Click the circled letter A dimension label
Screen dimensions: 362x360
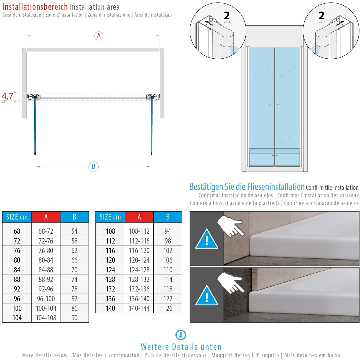pos(99,35)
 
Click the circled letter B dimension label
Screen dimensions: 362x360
pos(93,166)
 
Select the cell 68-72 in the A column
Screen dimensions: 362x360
pos(46,231)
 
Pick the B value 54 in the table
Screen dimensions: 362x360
pos(74,231)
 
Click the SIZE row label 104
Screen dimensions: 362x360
pos(17,318)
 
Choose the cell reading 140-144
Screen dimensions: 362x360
pos(139,308)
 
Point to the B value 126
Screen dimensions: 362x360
pos(168,308)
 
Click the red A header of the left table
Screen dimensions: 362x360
pos(46,217)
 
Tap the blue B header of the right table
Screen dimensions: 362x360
pos(168,217)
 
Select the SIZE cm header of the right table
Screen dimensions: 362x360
pos(110,217)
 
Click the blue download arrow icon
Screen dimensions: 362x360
pos(181,335)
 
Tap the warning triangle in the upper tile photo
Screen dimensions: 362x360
pos(207,239)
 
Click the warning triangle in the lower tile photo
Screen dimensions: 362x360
pos(207,296)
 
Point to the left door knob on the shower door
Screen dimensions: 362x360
pos(270,105)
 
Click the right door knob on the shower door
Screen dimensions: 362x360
pos(278,105)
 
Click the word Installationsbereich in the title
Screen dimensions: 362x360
pos(35,7)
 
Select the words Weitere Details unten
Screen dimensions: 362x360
pos(181,347)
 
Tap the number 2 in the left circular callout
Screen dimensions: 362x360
pos(227,15)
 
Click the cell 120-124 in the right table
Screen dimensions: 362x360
pos(139,260)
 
